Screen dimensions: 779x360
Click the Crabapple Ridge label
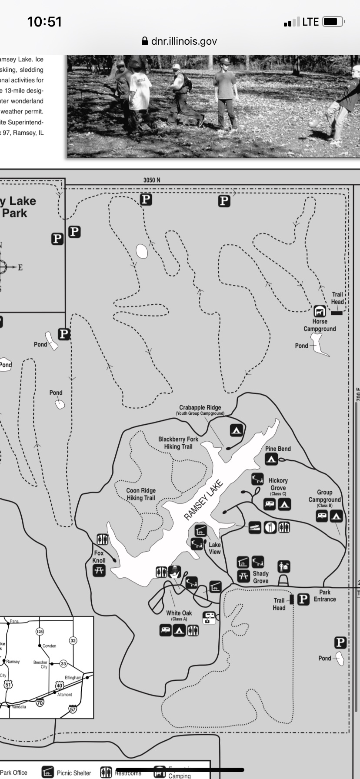coord(200,408)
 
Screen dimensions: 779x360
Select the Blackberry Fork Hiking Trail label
coord(178,443)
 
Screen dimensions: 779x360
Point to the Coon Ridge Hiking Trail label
coord(141,494)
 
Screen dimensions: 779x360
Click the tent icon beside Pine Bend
coord(271,459)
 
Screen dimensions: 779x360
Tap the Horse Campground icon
coord(320,311)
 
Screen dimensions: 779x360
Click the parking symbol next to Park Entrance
coord(303,599)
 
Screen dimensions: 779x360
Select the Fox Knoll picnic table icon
coord(99,570)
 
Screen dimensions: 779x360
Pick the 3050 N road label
coord(152,180)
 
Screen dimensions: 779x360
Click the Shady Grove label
coord(261,577)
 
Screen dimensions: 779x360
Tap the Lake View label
coord(215,548)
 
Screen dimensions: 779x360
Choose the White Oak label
coord(179,613)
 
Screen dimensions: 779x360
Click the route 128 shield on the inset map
coord(40,631)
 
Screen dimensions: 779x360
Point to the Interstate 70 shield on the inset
coord(40,702)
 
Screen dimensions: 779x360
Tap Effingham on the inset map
coord(73,677)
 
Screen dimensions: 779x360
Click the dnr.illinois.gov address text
coord(184,41)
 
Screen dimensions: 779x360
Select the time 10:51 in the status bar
coord(44,22)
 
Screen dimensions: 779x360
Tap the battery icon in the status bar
coord(333,22)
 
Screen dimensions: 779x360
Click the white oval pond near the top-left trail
coord(142,251)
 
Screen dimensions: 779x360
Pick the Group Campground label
coord(324,496)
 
